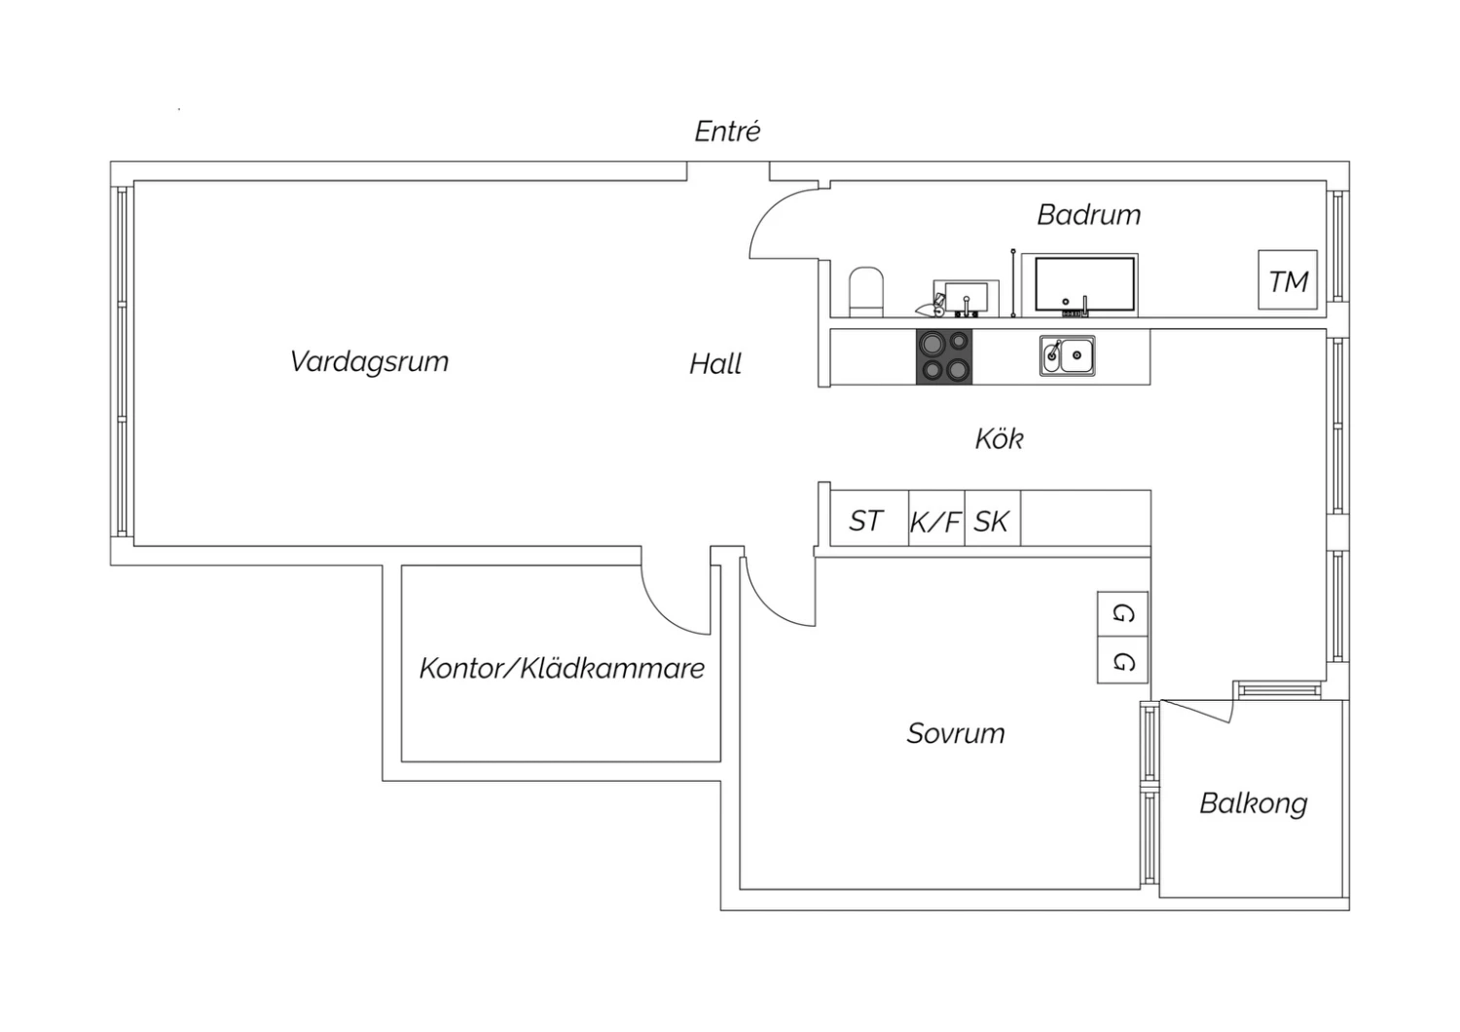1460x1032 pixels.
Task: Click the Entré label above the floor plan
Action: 727,131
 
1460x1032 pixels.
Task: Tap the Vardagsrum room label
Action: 370,362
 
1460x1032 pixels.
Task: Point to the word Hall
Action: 715,364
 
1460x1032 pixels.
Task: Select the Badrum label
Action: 1088,214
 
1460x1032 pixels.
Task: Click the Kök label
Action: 1000,438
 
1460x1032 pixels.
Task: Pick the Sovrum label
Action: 956,733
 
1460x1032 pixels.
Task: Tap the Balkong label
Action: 1254,804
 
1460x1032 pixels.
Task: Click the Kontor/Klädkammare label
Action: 562,668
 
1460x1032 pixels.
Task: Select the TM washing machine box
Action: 1288,279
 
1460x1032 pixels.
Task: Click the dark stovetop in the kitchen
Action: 944,356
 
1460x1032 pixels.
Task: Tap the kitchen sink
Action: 1067,356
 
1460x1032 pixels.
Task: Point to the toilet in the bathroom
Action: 865,291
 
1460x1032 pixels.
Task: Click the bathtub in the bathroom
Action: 1084,284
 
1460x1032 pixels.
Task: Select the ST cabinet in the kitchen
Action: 869,518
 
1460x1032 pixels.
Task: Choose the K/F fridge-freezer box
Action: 936,518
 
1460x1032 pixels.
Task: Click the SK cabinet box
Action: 993,518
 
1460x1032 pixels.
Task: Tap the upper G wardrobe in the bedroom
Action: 1122,614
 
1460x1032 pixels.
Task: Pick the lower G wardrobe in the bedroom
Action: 1122,660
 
